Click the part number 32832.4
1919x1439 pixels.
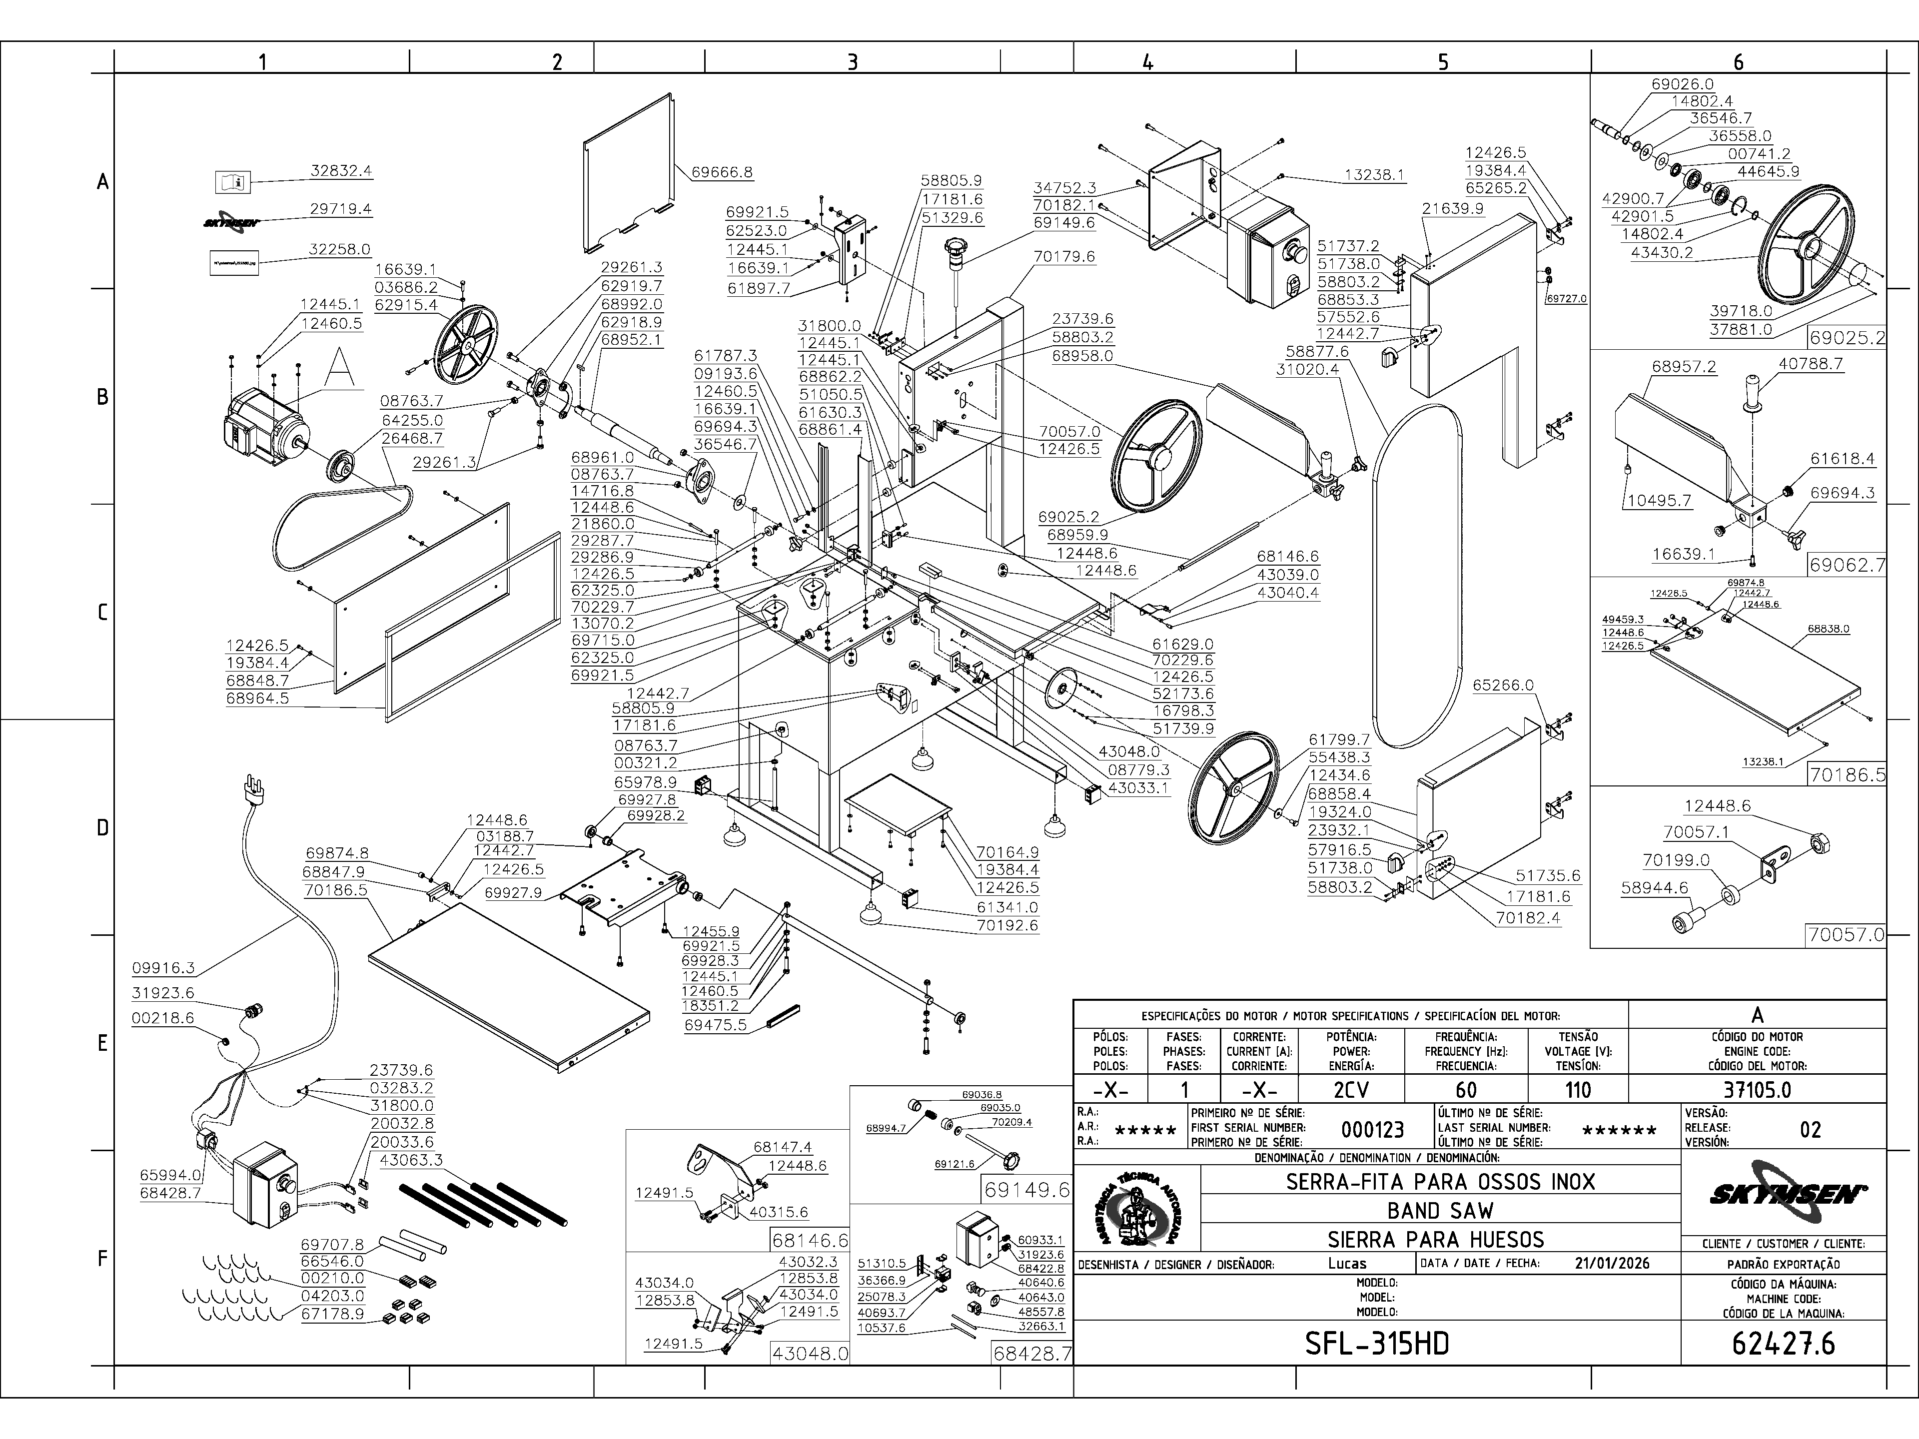point(341,171)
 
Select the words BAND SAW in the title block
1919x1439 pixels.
point(1440,1210)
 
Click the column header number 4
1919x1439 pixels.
point(1148,61)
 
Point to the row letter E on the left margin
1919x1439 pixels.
point(102,1043)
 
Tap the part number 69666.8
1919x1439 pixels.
point(722,172)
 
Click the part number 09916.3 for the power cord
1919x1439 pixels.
point(163,968)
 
